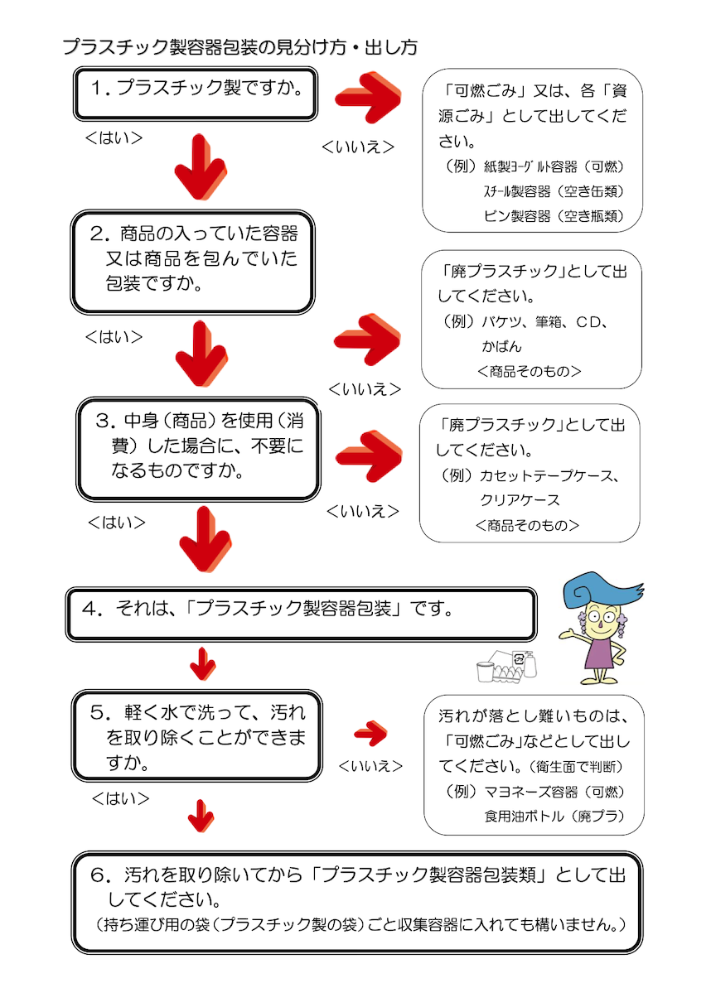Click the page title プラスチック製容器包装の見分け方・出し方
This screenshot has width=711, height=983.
(x=239, y=47)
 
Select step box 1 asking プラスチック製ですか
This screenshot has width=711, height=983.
(x=196, y=94)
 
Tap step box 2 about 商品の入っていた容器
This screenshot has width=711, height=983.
(x=192, y=262)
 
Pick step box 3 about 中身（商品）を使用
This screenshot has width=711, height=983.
(x=198, y=449)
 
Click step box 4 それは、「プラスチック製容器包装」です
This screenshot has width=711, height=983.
(x=301, y=614)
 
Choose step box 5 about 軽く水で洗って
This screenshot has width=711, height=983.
(x=196, y=736)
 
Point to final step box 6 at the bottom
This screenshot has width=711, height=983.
(x=357, y=902)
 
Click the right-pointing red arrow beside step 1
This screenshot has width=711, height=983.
(x=369, y=97)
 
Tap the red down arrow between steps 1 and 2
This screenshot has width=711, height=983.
(x=201, y=166)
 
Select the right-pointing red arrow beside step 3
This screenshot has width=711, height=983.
(x=369, y=455)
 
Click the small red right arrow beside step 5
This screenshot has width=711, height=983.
(x=371, y=733)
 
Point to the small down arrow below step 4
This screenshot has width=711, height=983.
(x=203, y=664)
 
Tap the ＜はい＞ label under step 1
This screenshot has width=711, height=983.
(x=114, y=138)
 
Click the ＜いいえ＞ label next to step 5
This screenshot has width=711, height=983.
(x=370, y=766)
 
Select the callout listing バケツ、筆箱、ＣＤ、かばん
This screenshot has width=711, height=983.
(x=531, y=320)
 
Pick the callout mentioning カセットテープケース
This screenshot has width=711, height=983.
(x=530, y=474)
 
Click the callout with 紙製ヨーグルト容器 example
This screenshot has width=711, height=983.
(x=533, y=151)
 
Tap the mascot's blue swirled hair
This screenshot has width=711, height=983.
(x=599, y=590)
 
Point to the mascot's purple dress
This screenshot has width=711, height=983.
(x=598, y=653)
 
